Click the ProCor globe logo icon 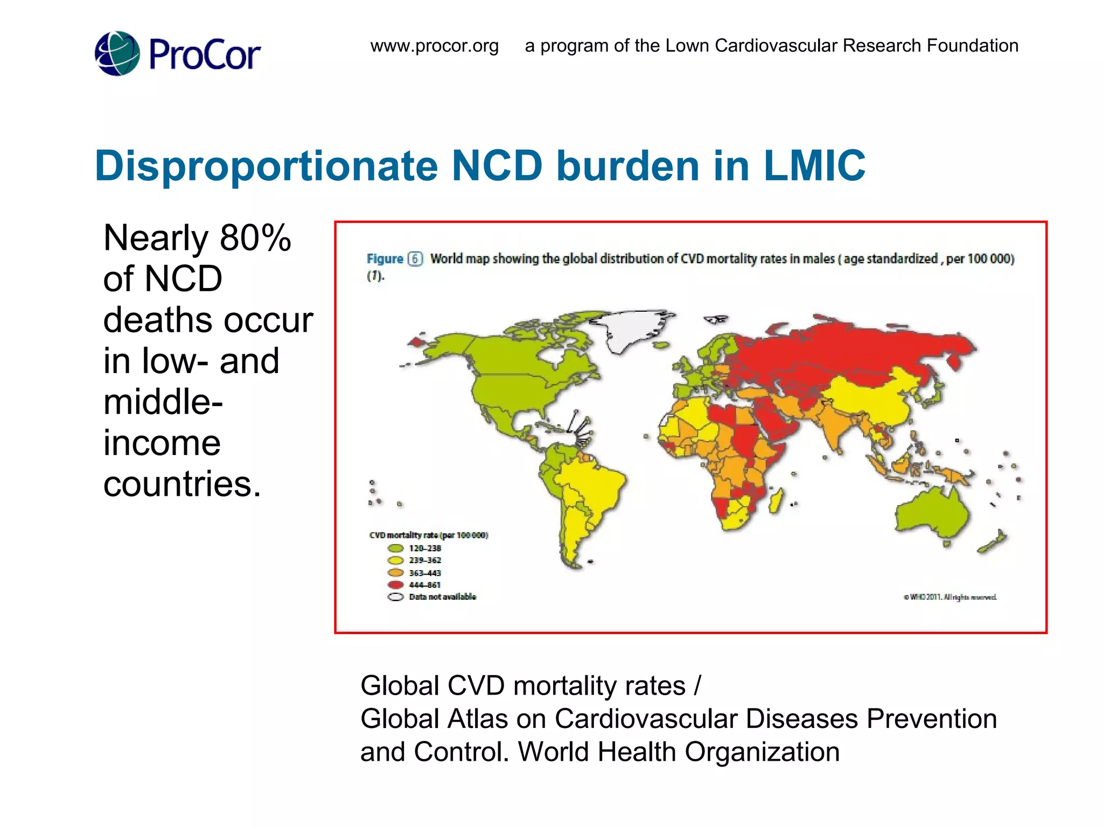(x=117, y=53)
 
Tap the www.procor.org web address (x=434, y=46)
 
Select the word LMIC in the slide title (x=814, y=165)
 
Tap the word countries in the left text (x=181, y=483)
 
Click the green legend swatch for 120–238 (x=395, y=548)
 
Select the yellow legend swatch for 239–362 (x=395, y=560)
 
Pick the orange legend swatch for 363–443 (x=395, y=573)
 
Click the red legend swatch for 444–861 (x=395, y=585)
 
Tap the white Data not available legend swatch (x=395, y=597)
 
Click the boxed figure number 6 (x=415, y=259)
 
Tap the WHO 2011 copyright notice (x=950, y=597)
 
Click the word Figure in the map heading (x=385, y=259)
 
